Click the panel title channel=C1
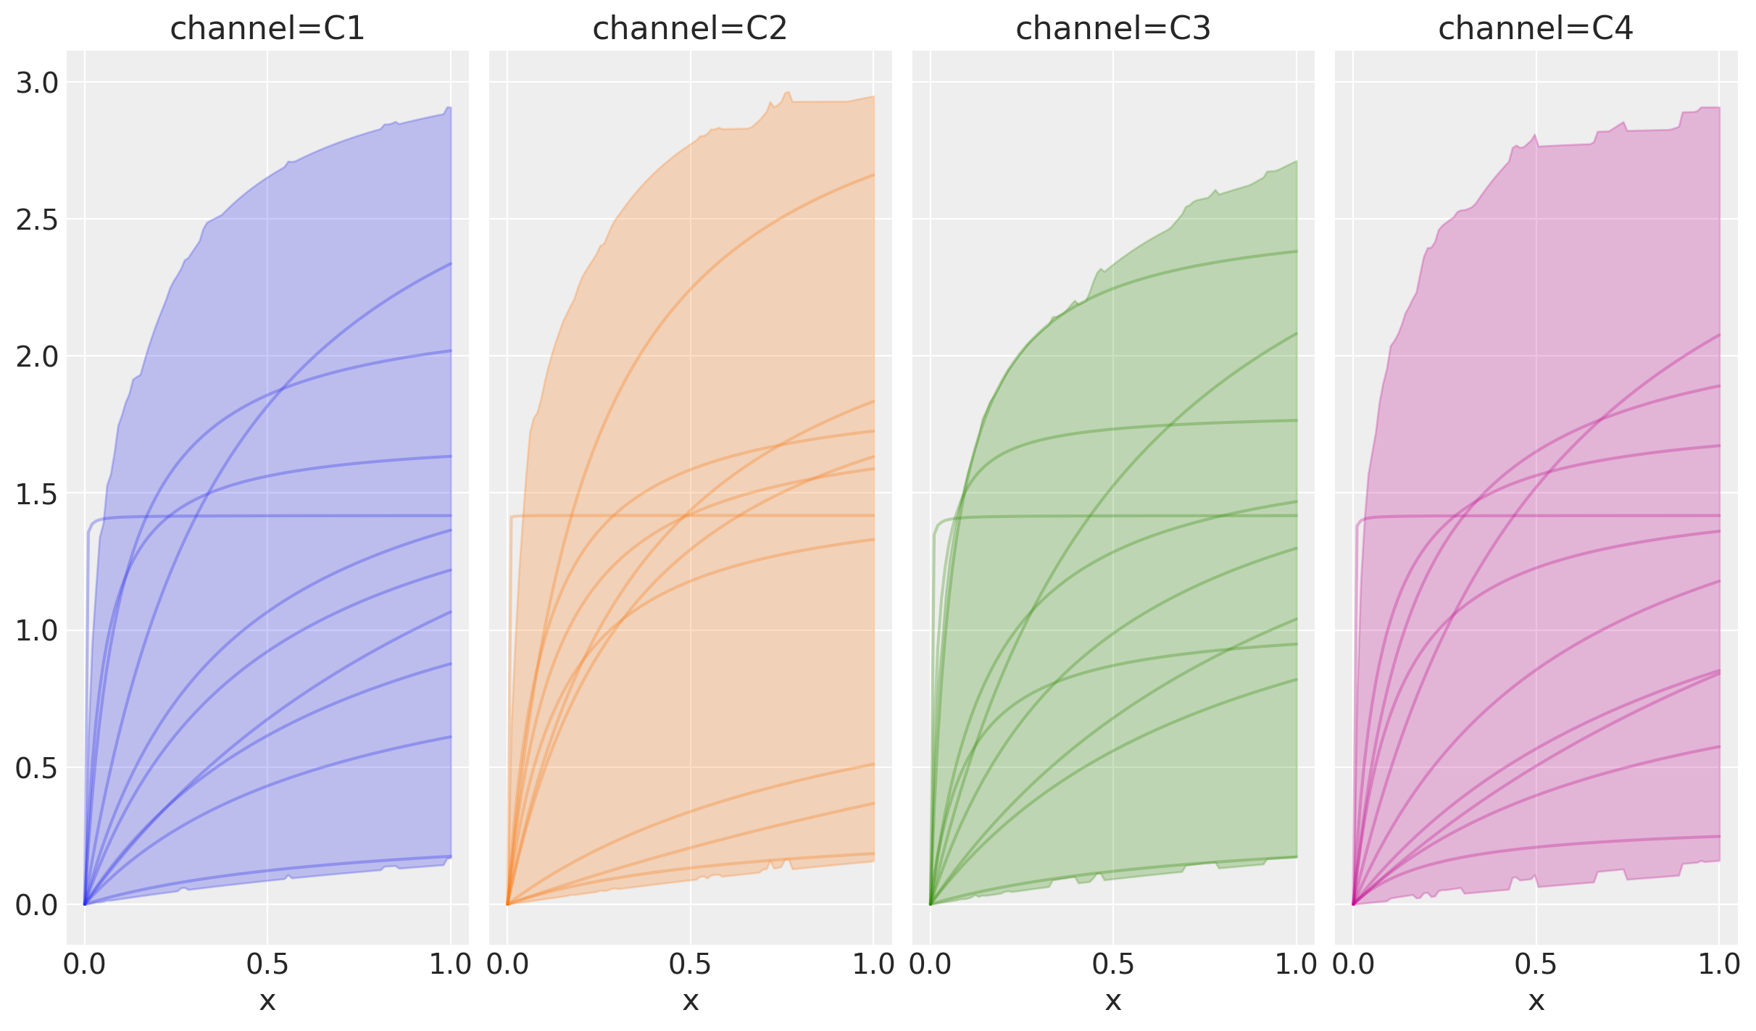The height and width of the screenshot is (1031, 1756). point(267,29)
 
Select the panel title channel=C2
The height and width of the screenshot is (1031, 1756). point(690,29)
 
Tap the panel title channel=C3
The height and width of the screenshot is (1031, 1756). point(1113,29)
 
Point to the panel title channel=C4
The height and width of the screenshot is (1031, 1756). point(1536,29)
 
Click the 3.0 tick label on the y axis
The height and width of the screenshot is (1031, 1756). point(36,83)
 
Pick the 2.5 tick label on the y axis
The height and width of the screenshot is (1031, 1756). point(36,220)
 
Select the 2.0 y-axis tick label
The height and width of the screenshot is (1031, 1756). point(36,357)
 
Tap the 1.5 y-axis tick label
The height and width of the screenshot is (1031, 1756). point(36,494)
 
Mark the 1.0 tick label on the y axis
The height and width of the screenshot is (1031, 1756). point(36,631)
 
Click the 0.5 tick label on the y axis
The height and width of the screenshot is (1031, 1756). point(36,768)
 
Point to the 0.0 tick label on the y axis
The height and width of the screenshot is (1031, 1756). point(36,905)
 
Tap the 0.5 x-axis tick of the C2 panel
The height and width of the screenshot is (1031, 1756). point(690,965)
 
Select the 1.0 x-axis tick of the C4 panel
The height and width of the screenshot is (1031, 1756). point(1718,965)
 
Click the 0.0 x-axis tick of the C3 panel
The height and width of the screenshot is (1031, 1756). point(931,965)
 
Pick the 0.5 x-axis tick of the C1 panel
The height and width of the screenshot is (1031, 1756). point(267,965)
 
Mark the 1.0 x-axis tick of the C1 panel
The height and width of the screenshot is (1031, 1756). point(450,965)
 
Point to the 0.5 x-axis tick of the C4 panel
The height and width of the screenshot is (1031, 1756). point(1536,965)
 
